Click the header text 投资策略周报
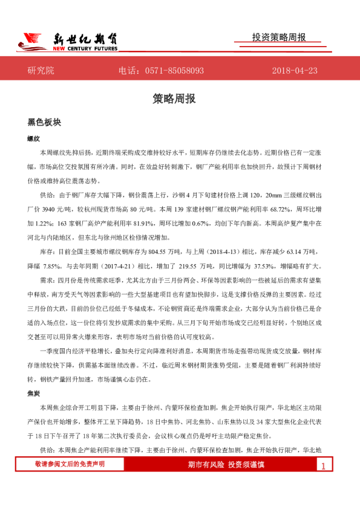point(278,37)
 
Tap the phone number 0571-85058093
point(175,71)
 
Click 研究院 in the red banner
point(41,71)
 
